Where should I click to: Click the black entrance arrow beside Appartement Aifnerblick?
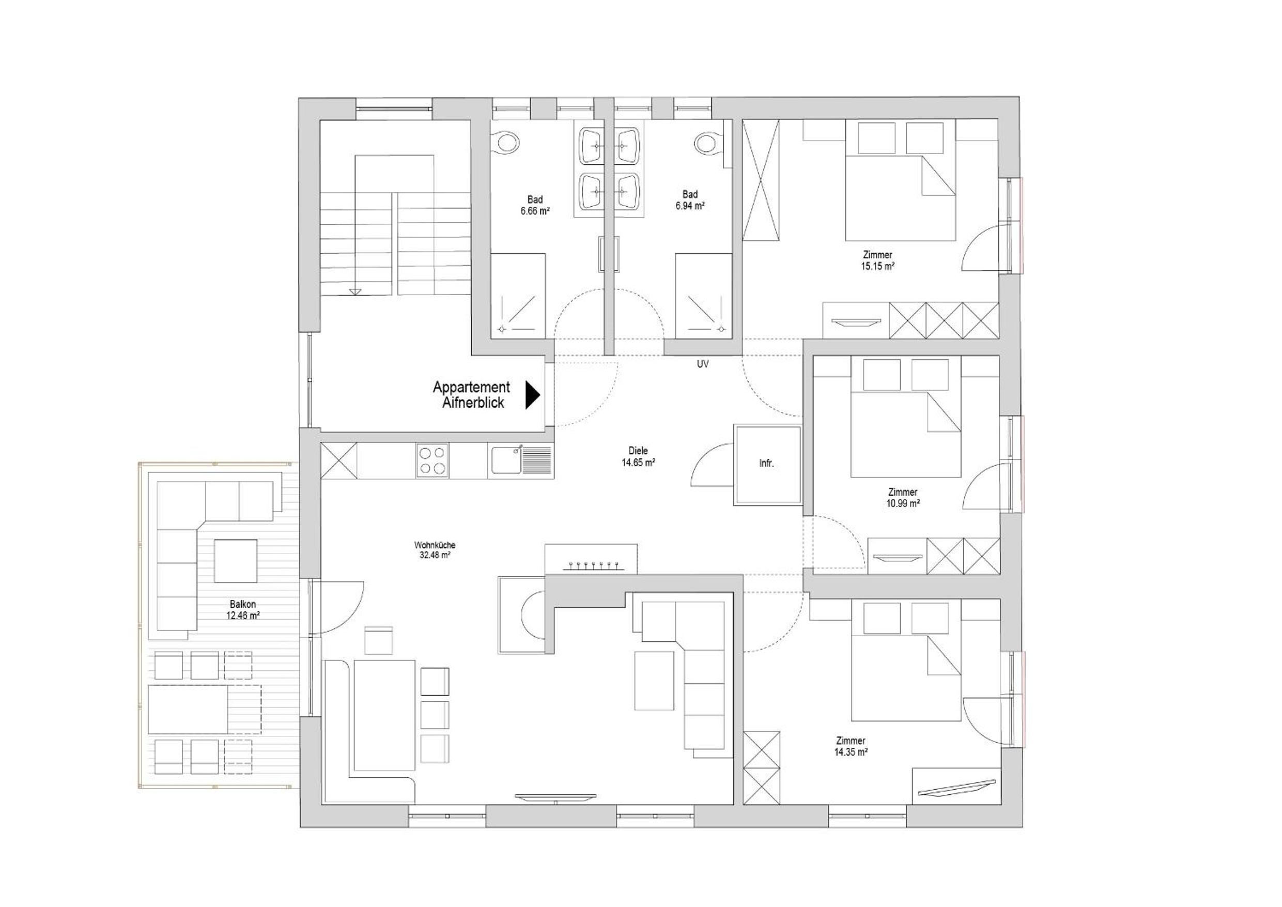click(x=532, y=395)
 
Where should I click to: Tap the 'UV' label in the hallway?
click(x=702, y=364)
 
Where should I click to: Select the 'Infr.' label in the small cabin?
click(x=766, y=463)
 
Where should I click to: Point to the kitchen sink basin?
click(x=506, y=462)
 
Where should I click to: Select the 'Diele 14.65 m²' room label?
click(x=638, y=456)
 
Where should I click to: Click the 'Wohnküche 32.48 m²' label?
click(x=435, y=549)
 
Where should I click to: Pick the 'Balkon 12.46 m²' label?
click(x=243, y=610)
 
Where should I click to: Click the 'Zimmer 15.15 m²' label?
click(x=877, y=261)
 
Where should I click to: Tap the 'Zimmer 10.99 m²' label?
click(x=903, y=498)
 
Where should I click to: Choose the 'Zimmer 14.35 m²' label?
click(x=851, y=746)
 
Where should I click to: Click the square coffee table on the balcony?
click(x=236, y=560)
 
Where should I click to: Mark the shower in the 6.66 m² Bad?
click(x=518, y=296)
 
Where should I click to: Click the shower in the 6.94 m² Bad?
click(x=704, y=296)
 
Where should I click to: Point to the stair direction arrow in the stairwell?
click(x=356, y=290)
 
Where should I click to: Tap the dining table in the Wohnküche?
click(x=385, y=715)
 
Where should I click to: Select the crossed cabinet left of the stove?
click(x=339, y=460)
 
